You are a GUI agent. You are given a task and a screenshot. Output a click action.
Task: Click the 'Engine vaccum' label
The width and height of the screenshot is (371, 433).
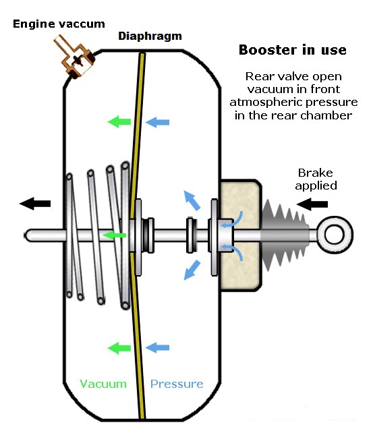pyautogui.click(x=59, y=24)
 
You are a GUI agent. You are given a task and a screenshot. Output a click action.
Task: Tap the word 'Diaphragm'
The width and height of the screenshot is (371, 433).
pyautogui.click(x=150, y=36)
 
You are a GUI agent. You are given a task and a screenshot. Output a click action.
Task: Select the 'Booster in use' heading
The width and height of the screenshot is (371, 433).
pyautogui.click(x=293, y=50)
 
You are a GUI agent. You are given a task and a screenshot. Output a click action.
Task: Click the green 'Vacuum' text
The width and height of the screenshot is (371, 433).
pyautogui.click(x=103, y=384)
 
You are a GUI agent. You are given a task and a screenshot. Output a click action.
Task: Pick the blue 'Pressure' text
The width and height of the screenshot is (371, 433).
pyautogui.click(x=177, y=384)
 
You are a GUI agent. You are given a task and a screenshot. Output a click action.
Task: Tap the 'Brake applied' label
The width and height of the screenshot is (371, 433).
pyautogui.click(x=316, y=179)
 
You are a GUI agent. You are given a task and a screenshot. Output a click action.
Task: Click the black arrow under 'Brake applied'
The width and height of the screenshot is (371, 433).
pyautogui.click(x=312, y=204)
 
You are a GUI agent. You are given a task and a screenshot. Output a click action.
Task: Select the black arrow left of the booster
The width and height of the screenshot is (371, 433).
pyautogui.click(x=35, y=204)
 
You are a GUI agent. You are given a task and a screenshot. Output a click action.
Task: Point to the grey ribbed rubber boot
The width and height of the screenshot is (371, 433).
pyautogui.click(x=284, y=235)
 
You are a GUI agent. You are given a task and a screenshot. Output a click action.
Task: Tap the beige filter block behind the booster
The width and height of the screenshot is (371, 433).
pyautogui.click(x=240, y=235)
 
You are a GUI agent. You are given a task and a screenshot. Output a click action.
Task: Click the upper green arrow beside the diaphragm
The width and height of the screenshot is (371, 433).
pyautogui.click(x=119, y=121)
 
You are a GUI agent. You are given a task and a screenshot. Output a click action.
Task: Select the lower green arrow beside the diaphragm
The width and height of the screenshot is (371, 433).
pyautogui.click(x=119, y=347)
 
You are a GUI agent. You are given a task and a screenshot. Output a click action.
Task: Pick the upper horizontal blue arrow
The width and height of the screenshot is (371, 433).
pyautogui.click(x=157, y=122)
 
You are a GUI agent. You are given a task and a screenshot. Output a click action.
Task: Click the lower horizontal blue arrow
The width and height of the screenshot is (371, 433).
pyautogui.click(x=157, y=347)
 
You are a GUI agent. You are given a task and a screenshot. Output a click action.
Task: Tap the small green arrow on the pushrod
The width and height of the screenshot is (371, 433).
pyautogui.click(x=114, y=235)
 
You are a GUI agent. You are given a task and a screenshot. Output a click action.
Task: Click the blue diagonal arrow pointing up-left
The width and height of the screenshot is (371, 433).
pyautogui.click(x=192, y=200)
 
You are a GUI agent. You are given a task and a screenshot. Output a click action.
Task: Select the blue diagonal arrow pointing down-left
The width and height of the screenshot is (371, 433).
pyautogui.click(x=192, y=270)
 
